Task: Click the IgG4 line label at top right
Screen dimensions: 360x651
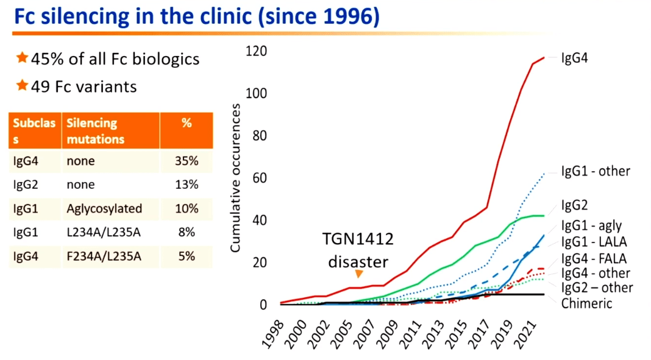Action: coord(574,58)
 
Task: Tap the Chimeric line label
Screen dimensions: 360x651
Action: coord(586,303)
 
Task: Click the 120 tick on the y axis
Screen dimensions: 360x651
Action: coord(256,51)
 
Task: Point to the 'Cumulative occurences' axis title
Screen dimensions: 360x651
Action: coord(235,177)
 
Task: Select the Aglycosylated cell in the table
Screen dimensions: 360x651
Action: coord(104,208)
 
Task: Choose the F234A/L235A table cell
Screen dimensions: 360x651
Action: coord(104,256)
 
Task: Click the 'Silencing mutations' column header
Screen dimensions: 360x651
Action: coord(95,130)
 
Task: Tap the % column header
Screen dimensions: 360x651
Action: coord(187,122)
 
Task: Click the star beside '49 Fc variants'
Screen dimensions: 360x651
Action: coord(22,85)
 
